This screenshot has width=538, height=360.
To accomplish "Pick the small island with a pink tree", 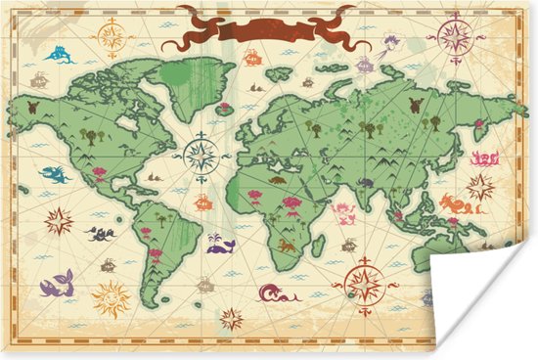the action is pos(226,110).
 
